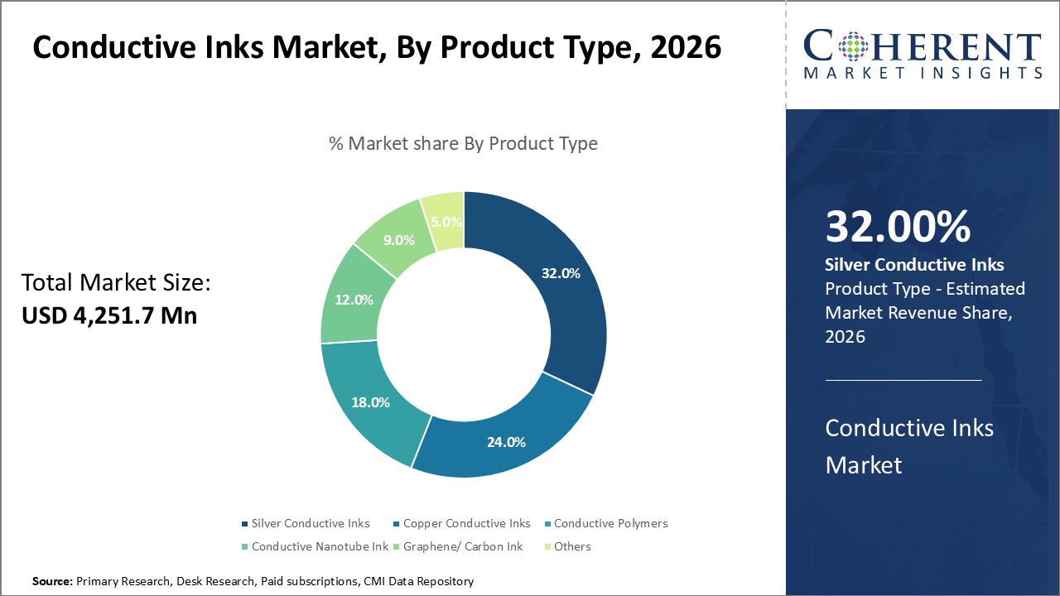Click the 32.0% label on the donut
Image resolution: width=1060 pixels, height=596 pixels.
click(560, 274)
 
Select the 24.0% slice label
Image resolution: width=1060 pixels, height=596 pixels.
click(505, 442)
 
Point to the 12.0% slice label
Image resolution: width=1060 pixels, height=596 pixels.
click(354, 300)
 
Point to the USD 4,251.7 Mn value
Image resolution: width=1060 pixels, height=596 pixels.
click(109, 315)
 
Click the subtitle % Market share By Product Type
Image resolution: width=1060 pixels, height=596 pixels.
click(463, 143)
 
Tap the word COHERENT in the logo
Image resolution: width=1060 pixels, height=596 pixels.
click(922, 47)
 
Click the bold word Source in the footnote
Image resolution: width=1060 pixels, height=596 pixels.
click(53, 582)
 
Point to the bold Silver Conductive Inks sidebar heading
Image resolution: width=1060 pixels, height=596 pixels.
click(914, 265)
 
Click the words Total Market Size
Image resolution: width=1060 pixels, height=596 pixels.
click(116, 283)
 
